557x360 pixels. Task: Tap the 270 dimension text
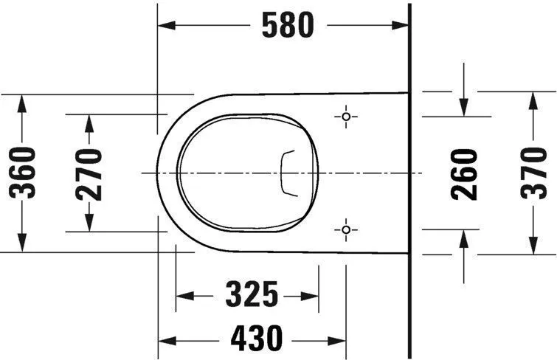coord(90,173)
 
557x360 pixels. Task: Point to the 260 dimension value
coord(464,173)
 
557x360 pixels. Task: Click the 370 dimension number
coord(532,173)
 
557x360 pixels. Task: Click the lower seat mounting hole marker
coord(345,231)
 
